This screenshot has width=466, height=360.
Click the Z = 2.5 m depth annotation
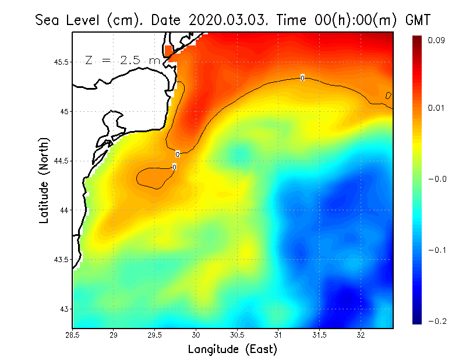[x=122, y=60]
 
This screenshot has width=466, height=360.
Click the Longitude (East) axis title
[x=232, y=350]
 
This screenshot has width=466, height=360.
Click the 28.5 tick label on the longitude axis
[x=73, y=335]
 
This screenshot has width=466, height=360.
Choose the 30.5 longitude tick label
[x=237, y=335]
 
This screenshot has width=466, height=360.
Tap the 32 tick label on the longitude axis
[x=361, y=335]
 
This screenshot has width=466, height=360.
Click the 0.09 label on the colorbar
[x=437, y=40]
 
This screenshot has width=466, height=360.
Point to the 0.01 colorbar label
[x=437, y=108]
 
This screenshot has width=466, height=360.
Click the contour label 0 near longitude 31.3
[x=302, y=78]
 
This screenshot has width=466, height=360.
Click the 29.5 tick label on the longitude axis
[x=155, y=335]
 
